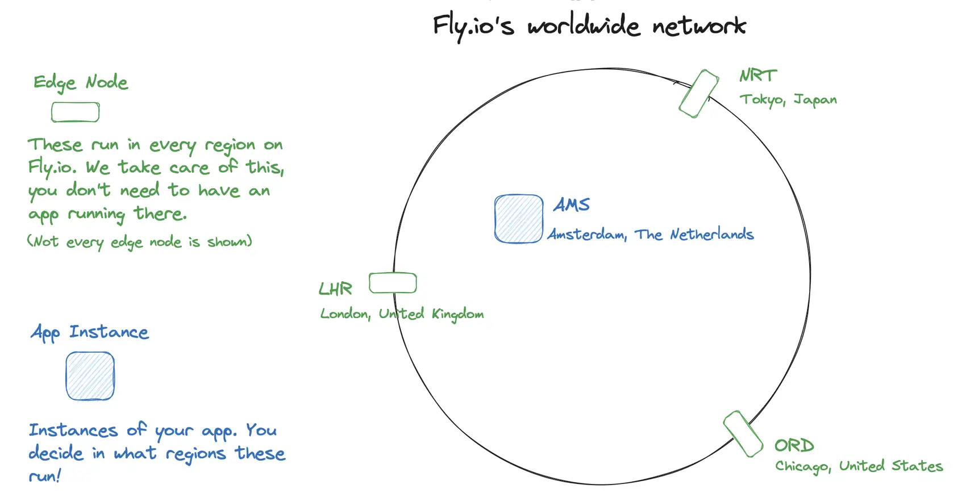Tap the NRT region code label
click(757, 76)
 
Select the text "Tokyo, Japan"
click(788, 100)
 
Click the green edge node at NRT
click(699, 94)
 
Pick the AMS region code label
click(572, 204)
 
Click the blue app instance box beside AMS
click(518, 219)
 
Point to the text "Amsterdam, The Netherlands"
click(650, 235)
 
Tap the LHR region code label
click(335, 289)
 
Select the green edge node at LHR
click(393, 283)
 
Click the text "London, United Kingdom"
click(402, 314)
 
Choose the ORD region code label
click(794, 445)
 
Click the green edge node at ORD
click(743, 434)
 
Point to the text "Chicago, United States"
click(859, 466)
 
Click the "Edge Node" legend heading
click(81, 83)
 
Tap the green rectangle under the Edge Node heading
click(76, 112)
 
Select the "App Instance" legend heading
click(90, 332)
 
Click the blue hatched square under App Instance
click(90, 376)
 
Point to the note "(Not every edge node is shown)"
click(140, 242)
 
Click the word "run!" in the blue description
click(44, 476)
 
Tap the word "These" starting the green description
click(55, 145)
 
